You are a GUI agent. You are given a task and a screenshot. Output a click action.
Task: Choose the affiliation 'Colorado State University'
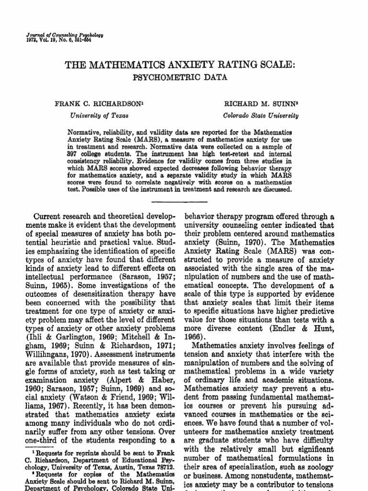261,116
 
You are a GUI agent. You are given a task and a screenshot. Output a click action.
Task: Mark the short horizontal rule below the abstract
184,201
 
